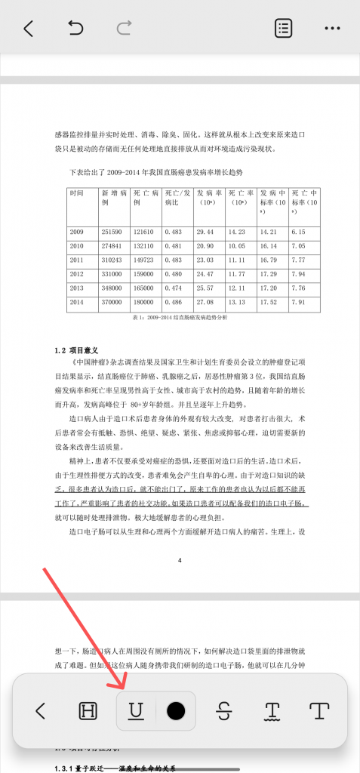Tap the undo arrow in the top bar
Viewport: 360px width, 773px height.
75,29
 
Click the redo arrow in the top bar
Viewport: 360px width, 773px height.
124,29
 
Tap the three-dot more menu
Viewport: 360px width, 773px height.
333,29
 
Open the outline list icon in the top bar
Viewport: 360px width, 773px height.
284,29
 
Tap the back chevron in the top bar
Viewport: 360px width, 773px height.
29,29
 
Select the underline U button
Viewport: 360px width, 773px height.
136,710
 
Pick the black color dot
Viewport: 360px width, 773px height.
176,710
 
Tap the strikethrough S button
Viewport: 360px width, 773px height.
222,710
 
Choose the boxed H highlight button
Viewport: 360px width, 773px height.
88,710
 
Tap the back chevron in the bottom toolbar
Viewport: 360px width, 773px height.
41,710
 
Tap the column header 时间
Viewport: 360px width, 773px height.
76,193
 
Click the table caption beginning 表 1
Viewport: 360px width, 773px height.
180,318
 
